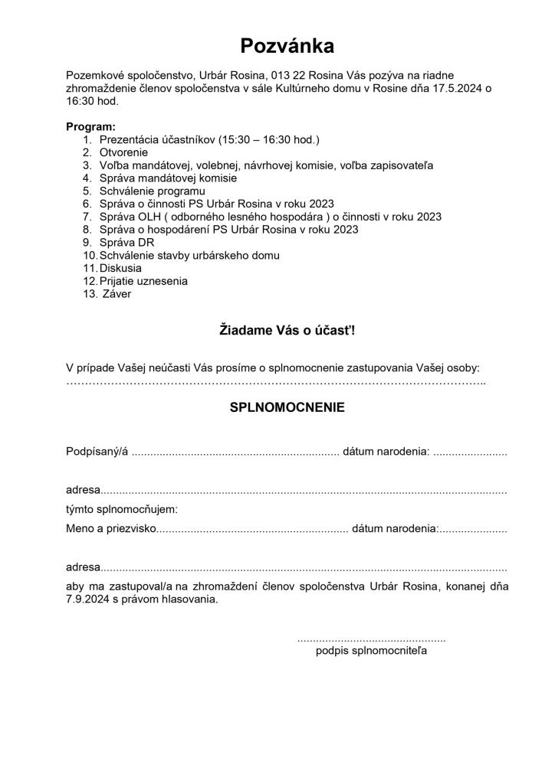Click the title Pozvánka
287,47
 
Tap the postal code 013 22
286,75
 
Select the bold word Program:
91,126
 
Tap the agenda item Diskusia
122,268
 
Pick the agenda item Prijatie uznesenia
144,281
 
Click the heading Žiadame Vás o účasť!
287,331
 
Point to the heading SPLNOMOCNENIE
287,407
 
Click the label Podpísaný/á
97,452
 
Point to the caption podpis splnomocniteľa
371,652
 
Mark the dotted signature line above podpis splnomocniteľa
371,639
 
